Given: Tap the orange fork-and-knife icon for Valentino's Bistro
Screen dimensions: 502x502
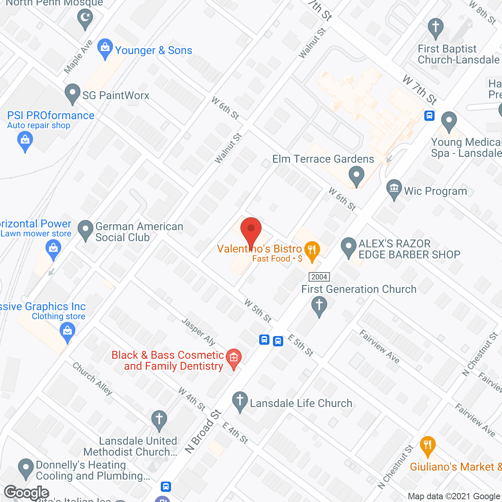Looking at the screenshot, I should [x=312, y=250].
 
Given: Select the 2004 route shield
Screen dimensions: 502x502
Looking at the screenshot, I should [x=319, y=277].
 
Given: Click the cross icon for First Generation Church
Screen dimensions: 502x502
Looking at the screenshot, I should [x=319, y=305].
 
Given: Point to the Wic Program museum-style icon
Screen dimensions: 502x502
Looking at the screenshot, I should [x=394, y=189].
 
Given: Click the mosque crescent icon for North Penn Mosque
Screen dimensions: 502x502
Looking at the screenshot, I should [x=85, y=18].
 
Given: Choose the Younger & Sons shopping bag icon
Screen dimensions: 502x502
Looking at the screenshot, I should [x=105, y=48].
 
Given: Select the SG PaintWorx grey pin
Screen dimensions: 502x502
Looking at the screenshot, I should [x=73, y=93].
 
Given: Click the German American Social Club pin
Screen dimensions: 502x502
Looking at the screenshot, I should [x=85, y=230].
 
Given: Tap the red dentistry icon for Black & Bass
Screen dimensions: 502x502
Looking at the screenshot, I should [x=234, y=358].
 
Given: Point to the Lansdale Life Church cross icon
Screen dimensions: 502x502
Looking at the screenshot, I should [x=240, y=401].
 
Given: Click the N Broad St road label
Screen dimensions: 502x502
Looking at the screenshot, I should [x=203, y=431].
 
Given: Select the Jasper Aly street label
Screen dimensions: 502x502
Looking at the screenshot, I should [x=199, y=332].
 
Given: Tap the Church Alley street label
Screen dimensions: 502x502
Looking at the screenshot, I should [x=93, y=378].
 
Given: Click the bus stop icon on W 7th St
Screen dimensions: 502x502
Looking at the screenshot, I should [x=429, y=116].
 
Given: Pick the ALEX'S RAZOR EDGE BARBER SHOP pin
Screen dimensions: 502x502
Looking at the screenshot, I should [x=348, y=247].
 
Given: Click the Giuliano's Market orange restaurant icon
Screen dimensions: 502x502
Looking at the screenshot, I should [x=427, y=445].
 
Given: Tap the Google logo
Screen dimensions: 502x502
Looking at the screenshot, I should [x=27, y=493].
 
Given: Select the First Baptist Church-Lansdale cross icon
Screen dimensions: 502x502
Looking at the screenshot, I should [x=435, y=28].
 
